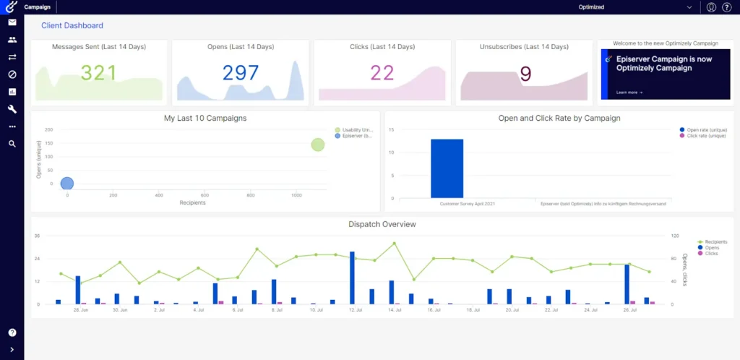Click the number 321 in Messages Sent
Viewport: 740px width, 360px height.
click(99, 73)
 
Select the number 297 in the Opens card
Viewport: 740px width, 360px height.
click(241, 73)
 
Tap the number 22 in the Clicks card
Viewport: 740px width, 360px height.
click(382, 73)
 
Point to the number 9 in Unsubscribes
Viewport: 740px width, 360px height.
click(525, 74)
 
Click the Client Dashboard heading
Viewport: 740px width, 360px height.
click(72, 25)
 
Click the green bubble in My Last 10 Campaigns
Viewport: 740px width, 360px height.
click(318, 145)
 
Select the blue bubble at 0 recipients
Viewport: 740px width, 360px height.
click(67, 184)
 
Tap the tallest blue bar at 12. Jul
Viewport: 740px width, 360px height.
click(352, 278)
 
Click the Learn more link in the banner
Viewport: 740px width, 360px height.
click(629, 93)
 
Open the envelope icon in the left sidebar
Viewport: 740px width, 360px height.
click(12, 22)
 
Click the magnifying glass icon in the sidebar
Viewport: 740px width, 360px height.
click(12, 144)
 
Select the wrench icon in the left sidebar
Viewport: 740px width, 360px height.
click(12, 109)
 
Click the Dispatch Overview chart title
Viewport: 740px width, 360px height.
click(382, 224)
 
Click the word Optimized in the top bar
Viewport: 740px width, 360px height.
click(591, 7)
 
